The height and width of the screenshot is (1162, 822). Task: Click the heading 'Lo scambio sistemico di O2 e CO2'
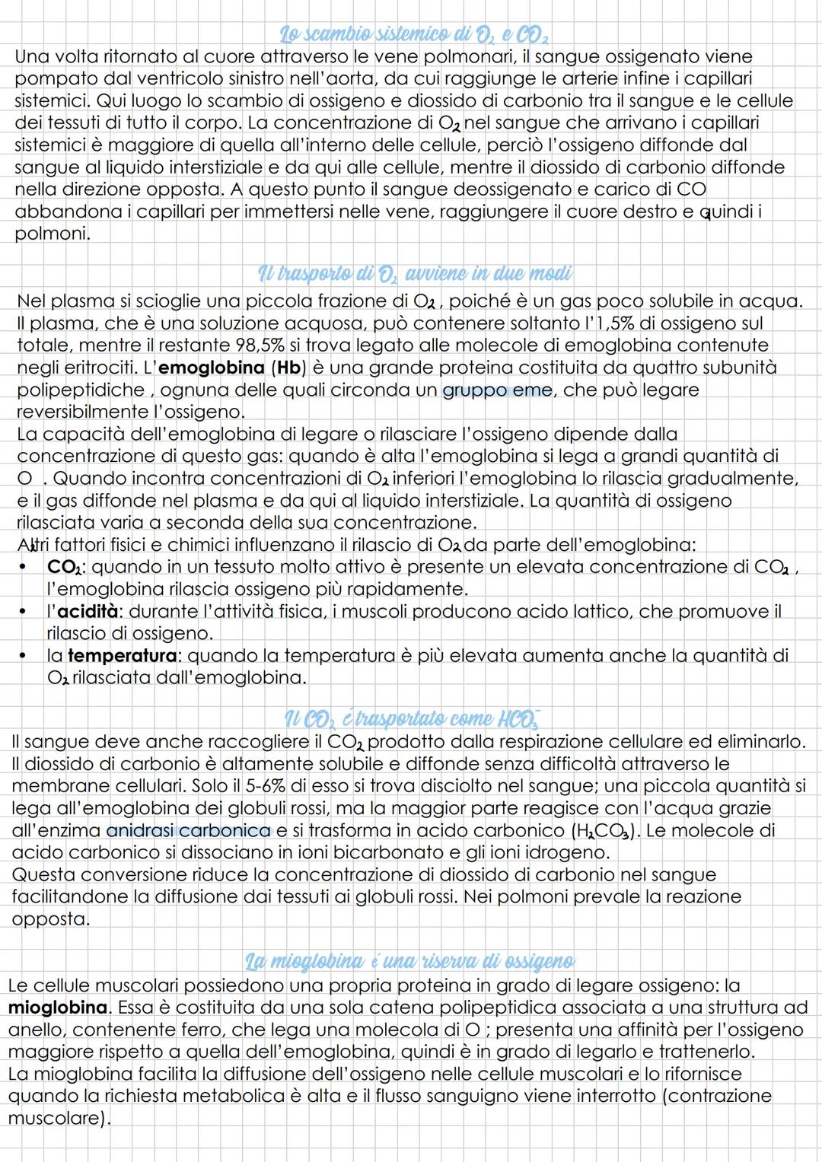(x=415, y=35)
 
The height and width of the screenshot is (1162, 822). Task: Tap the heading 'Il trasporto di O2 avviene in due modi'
(x=415, y=273)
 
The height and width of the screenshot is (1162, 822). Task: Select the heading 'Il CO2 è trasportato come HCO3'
(x=415, y=718)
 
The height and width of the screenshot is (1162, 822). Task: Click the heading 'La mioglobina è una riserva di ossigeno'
(x=411, y=962)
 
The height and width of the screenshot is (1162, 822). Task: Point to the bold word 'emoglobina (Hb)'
(x=233, y=368)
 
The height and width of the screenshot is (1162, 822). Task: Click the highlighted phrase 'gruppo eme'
(x=497, y=390)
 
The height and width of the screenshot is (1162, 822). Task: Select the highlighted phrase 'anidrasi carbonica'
(x=189, y=830)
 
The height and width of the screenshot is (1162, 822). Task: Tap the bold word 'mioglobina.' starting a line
(x=59, y=1008)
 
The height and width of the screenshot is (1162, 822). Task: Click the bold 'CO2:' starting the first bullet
(x=66, y=568)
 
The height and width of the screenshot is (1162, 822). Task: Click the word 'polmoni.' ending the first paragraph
(x=52, y=234)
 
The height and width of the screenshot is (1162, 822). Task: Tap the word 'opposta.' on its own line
(x=50, y=918)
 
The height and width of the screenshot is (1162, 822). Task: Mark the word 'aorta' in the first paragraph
(x=367, y=78)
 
